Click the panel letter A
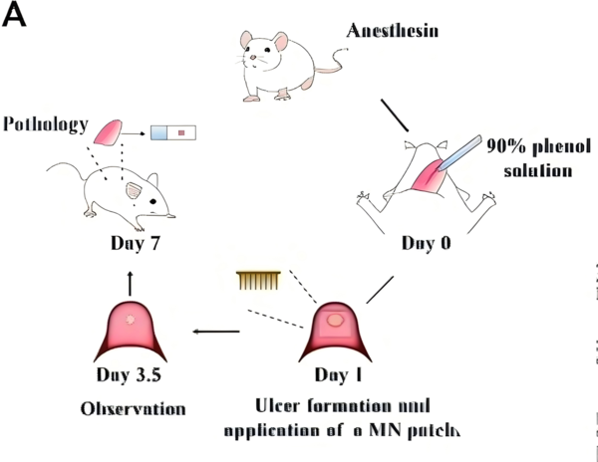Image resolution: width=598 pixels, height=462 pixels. tap(17, 17)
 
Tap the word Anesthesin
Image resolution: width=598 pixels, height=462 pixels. tap(393, 31)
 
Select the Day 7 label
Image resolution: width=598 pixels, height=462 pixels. tap(136, 242)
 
